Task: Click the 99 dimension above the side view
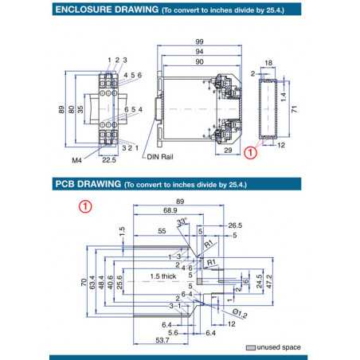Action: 198,41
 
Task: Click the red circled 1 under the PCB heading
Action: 86,205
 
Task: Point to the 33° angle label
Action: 181,221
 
